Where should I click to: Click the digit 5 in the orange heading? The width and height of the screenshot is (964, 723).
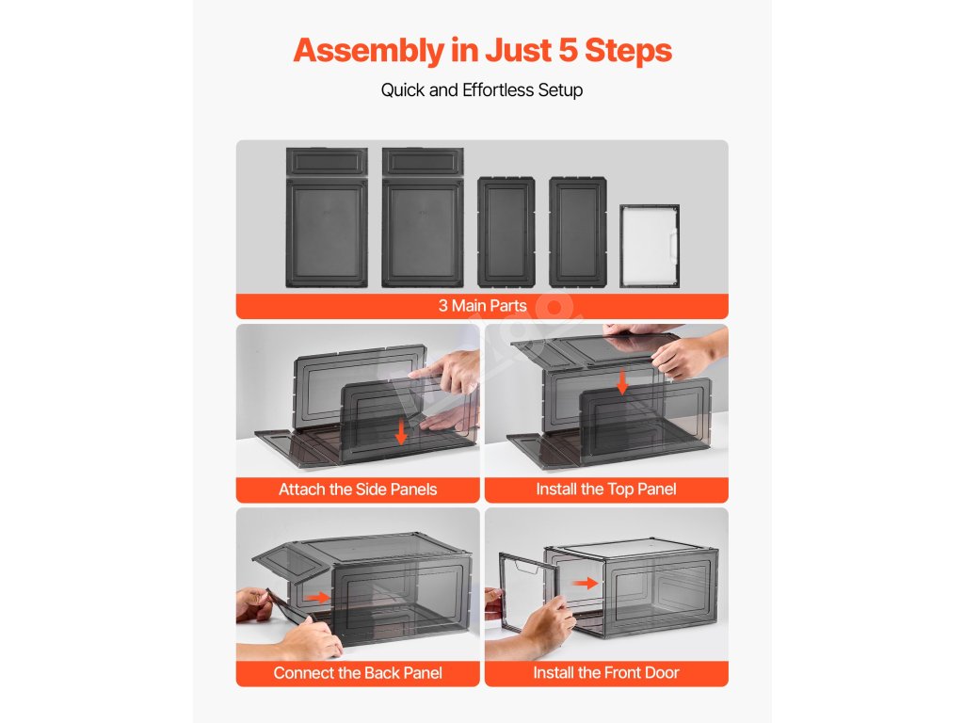pos(568,51)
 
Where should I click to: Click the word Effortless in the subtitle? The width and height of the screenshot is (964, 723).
pos(497,89)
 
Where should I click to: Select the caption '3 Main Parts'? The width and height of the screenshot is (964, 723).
pos(483,306)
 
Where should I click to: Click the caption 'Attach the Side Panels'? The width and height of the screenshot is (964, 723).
pos(358,490)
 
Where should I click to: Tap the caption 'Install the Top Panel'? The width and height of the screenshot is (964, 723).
pos(606,490)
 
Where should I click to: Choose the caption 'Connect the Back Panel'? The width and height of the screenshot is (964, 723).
pos(358,673)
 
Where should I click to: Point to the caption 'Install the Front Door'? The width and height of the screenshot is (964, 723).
pos(606,673)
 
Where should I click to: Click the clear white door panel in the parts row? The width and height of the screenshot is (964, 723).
pos(650,246)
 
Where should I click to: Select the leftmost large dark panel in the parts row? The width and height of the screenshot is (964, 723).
pos(327,217)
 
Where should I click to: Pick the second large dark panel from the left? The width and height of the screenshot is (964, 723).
pos(423,217)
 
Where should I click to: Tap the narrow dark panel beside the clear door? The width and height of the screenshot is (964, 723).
pos(578,232)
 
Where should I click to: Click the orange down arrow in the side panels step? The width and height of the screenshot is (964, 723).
pos(401,431)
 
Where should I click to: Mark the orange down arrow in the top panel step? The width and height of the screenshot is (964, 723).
pos(622,382)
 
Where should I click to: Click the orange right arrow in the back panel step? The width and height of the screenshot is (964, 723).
pos(318,597)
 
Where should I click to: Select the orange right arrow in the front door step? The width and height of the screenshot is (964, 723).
pos(585,583)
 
